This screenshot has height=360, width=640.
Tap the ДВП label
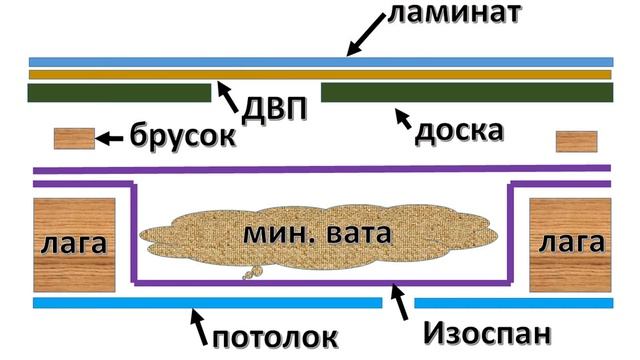tap(270, 108)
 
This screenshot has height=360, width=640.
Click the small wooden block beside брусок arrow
tap(73, 138)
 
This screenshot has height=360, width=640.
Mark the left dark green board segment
tap(119, 94)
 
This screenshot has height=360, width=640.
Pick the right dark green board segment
tap(466, 94)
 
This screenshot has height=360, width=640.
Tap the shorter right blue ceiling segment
tap(513, 302)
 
